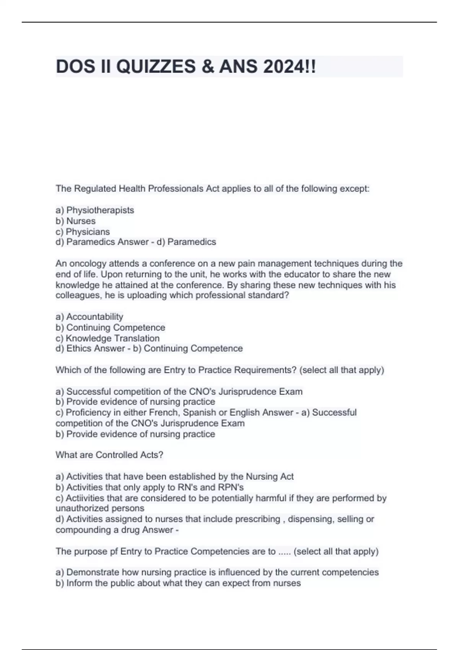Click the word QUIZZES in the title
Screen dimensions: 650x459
pos(156,67)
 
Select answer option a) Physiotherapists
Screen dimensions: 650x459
pos(95,210)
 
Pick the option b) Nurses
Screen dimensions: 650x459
pos(76,221)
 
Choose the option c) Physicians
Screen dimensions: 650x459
pos(83,232)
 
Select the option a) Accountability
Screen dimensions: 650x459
pos(90,317)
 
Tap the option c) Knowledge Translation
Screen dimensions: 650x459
pos(107,338)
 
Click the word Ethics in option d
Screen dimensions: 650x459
pos(79,348)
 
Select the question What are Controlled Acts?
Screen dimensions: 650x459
pos(109,455)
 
